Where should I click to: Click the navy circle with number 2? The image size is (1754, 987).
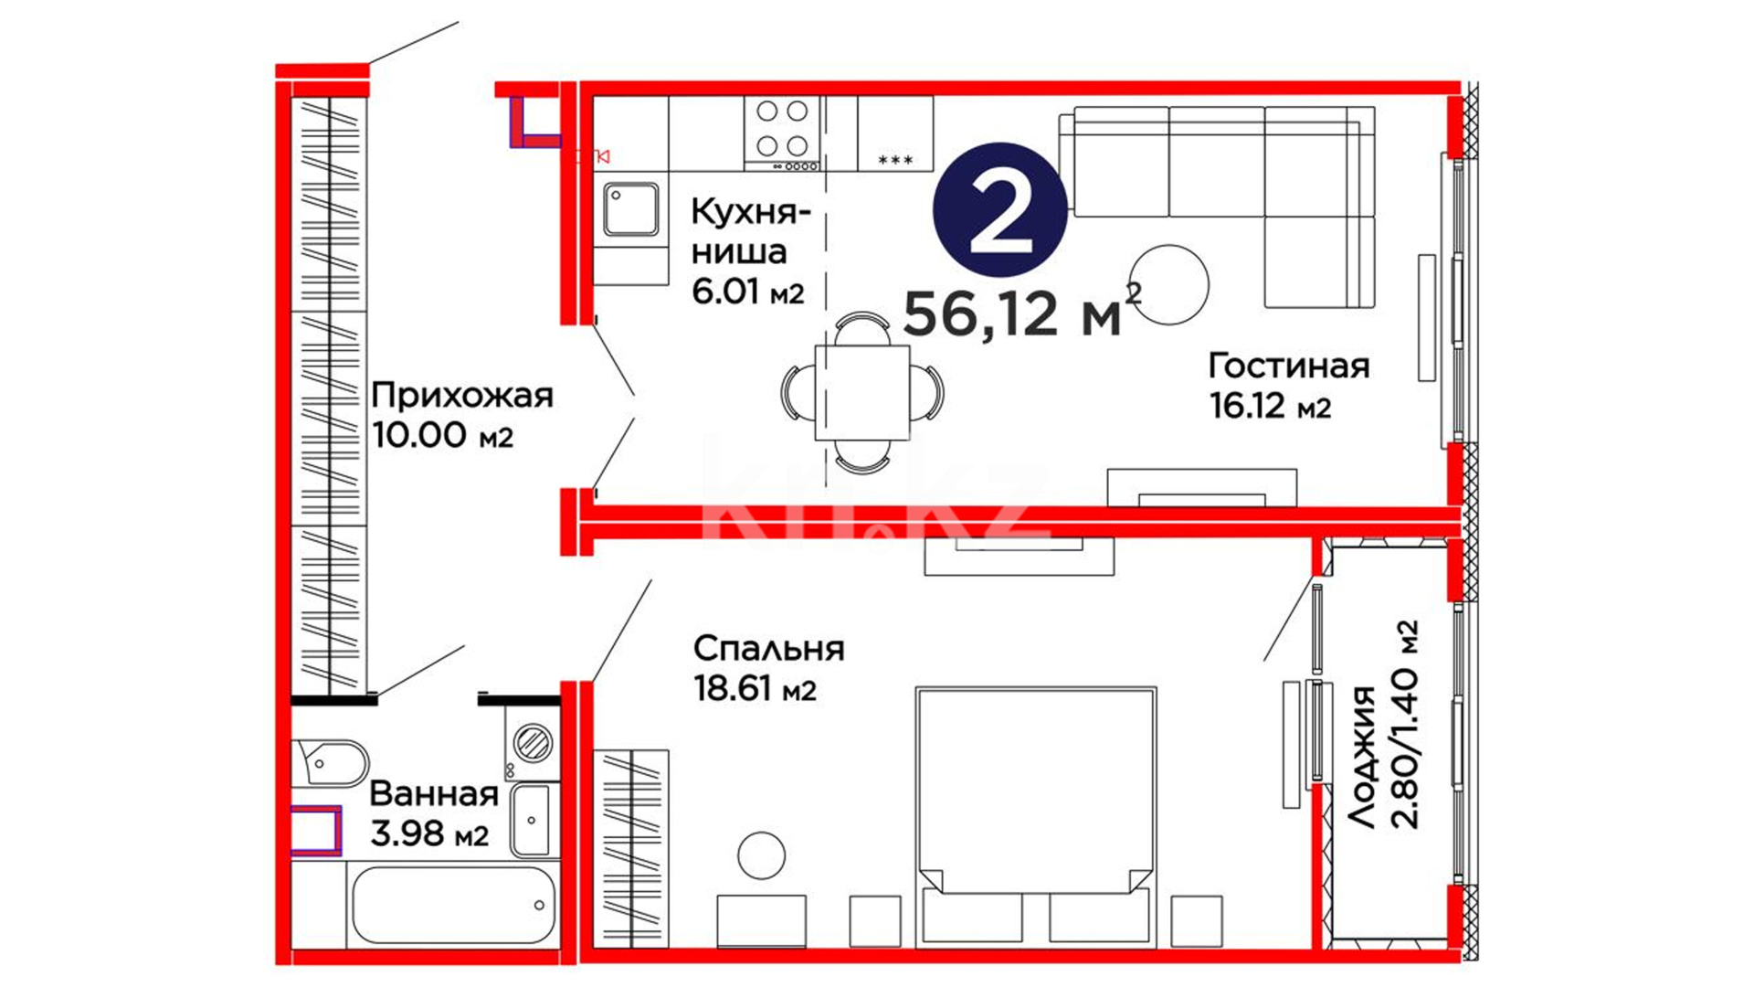(1000, 209)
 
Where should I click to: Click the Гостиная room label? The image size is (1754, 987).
(1289, 366)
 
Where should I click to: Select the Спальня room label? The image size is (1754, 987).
(768, 649)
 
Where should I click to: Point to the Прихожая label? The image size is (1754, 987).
(462, 396)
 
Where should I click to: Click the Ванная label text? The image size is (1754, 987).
(434, 794)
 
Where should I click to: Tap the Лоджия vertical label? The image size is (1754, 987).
(1362, 759)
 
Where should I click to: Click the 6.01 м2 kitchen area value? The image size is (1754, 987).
(747, 292)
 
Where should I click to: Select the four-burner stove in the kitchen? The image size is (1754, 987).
(782, 133)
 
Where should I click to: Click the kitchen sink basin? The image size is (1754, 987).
(630, 209)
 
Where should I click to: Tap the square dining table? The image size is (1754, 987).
(862, 392)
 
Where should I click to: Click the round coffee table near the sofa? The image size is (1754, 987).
(1168, 284)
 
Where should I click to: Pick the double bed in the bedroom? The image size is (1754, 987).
(1036, 816)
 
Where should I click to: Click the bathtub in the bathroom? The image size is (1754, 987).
(453, 905)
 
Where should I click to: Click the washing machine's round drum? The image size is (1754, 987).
(533, 742)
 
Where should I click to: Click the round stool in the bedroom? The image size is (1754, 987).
(761, 856)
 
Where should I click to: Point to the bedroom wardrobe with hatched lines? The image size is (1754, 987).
(631, 849)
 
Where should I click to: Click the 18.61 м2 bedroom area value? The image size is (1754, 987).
(755, 688)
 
